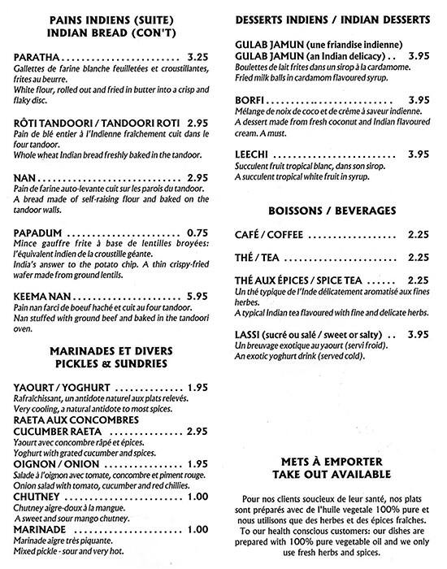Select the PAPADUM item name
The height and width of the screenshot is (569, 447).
tap(40, 232)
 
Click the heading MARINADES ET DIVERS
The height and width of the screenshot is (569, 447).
tap(109, 351)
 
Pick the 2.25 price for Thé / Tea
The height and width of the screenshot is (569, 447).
tap(419, 258)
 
